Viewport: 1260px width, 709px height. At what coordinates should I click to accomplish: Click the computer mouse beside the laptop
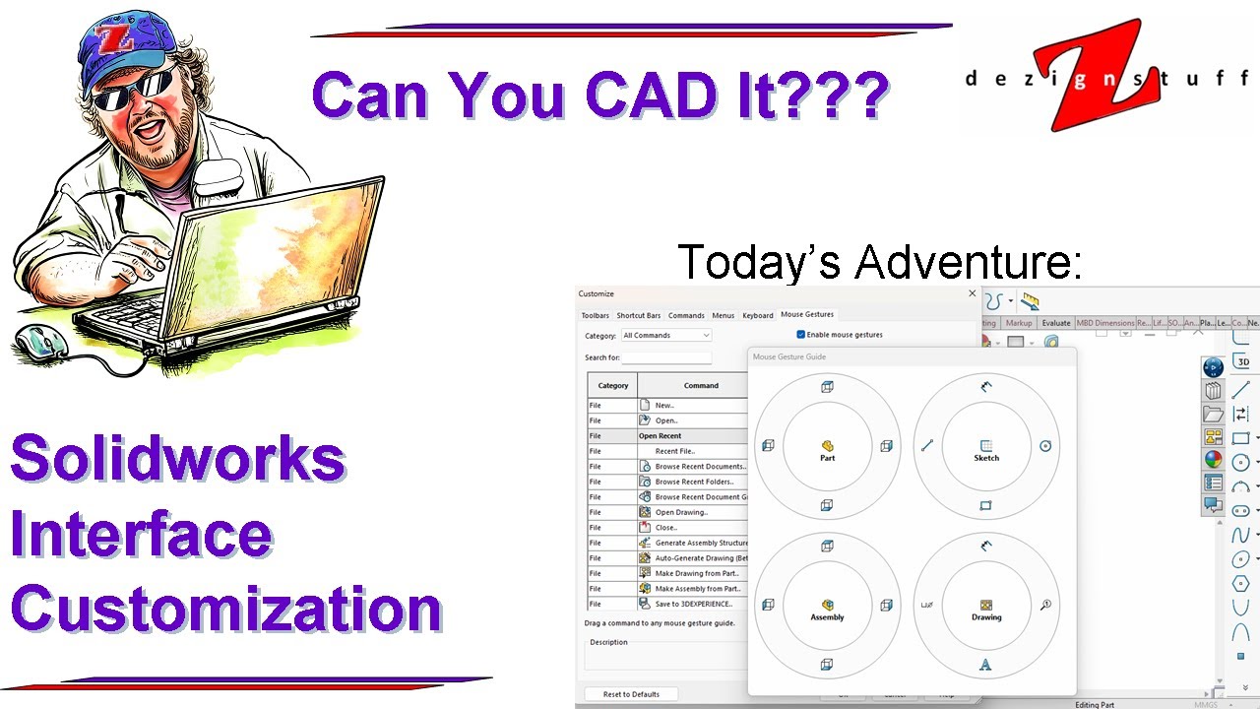click(41, 342)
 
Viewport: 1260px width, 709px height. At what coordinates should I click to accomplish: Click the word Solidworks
click(178, 459)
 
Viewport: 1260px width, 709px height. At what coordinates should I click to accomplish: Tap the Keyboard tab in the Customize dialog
click(757, 315)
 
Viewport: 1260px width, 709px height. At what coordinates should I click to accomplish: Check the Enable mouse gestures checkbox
click(800, 335)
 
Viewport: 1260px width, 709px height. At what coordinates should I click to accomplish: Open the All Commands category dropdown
click(665, 336)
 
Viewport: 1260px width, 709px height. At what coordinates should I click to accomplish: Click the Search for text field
click(666, 357)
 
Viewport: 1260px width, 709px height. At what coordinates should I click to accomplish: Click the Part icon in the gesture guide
click(827, 446)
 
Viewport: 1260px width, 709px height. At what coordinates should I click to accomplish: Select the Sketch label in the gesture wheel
click(985, 458)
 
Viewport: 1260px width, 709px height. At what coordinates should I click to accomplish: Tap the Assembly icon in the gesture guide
click(827, 605)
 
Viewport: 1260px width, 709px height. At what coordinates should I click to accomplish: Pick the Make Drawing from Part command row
click(696, 573)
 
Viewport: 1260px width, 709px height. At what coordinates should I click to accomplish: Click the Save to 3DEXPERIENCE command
click(693, 604)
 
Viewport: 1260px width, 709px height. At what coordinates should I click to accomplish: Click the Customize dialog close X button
click(973, 293)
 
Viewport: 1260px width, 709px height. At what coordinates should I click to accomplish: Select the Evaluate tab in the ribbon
click(1055, 323)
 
